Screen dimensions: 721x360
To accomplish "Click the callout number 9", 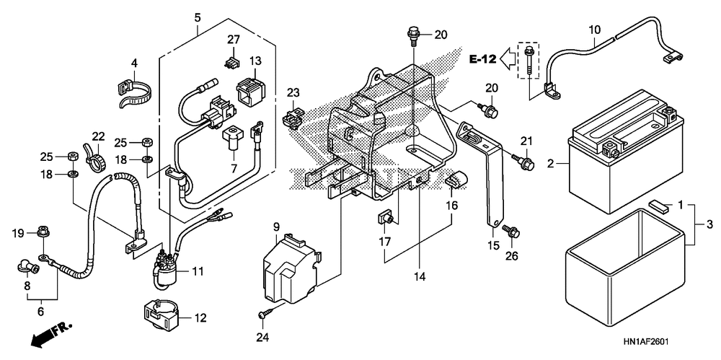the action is (276, 227).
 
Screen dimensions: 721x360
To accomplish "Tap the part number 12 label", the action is (200, 317).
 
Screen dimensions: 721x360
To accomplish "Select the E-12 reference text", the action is (482, 59).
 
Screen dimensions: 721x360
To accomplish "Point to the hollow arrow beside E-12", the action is (509, 58).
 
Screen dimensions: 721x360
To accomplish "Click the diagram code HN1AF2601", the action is (645, 343).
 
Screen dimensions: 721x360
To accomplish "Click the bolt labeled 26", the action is (511, 231).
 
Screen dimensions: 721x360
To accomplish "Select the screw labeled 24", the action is (263, 315).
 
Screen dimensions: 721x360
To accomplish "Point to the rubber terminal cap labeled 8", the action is (27, 266).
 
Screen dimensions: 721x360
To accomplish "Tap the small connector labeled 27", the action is (233, 63).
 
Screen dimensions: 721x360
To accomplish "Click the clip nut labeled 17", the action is (385, 217).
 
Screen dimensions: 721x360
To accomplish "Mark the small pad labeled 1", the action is (658, 205).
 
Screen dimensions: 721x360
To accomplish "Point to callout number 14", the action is (420, 277).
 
